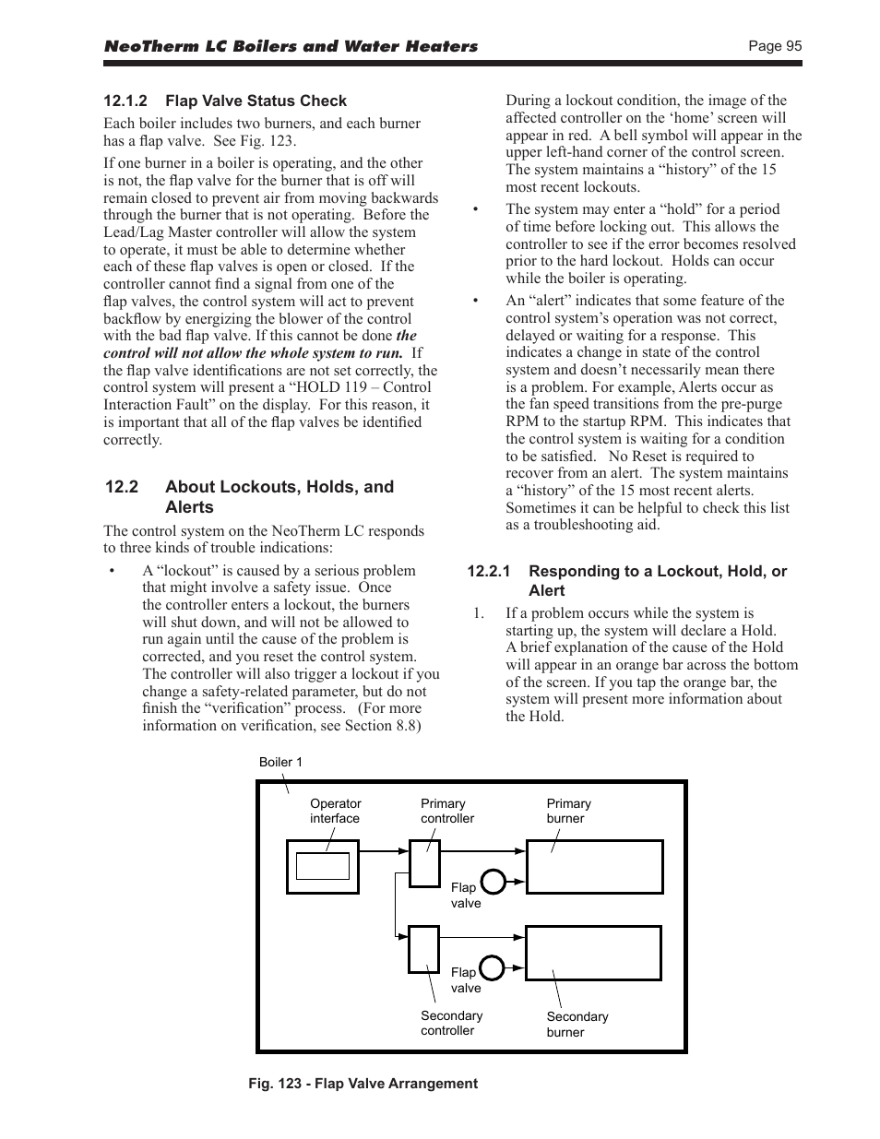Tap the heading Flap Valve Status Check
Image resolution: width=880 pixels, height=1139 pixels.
click(256, 101)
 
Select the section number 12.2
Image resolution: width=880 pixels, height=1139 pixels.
click(121, 487)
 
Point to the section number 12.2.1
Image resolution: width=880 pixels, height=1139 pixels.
click(488, 572)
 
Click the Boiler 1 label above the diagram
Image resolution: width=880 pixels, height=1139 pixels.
click(280, 762)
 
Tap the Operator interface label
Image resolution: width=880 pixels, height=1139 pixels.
click(335, 811)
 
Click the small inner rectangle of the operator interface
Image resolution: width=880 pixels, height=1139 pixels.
click(322, 866)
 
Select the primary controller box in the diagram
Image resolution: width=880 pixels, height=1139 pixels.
click(424, 863)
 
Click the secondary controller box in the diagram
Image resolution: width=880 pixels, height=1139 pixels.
click(423, 948)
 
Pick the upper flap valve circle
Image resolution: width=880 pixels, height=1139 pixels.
click(494, 883)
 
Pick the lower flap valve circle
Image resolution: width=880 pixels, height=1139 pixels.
click(492, 967)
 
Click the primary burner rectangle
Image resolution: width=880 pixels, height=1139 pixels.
click(594, 867)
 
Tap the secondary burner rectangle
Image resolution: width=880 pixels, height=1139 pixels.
click(593, 953)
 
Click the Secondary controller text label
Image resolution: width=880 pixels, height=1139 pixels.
click(451, 1023)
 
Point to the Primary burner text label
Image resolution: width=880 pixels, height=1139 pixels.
click(568, 811)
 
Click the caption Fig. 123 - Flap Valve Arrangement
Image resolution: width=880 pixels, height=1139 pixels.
click(363, 1084)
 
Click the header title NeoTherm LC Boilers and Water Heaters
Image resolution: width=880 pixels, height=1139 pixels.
click(291, 46)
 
